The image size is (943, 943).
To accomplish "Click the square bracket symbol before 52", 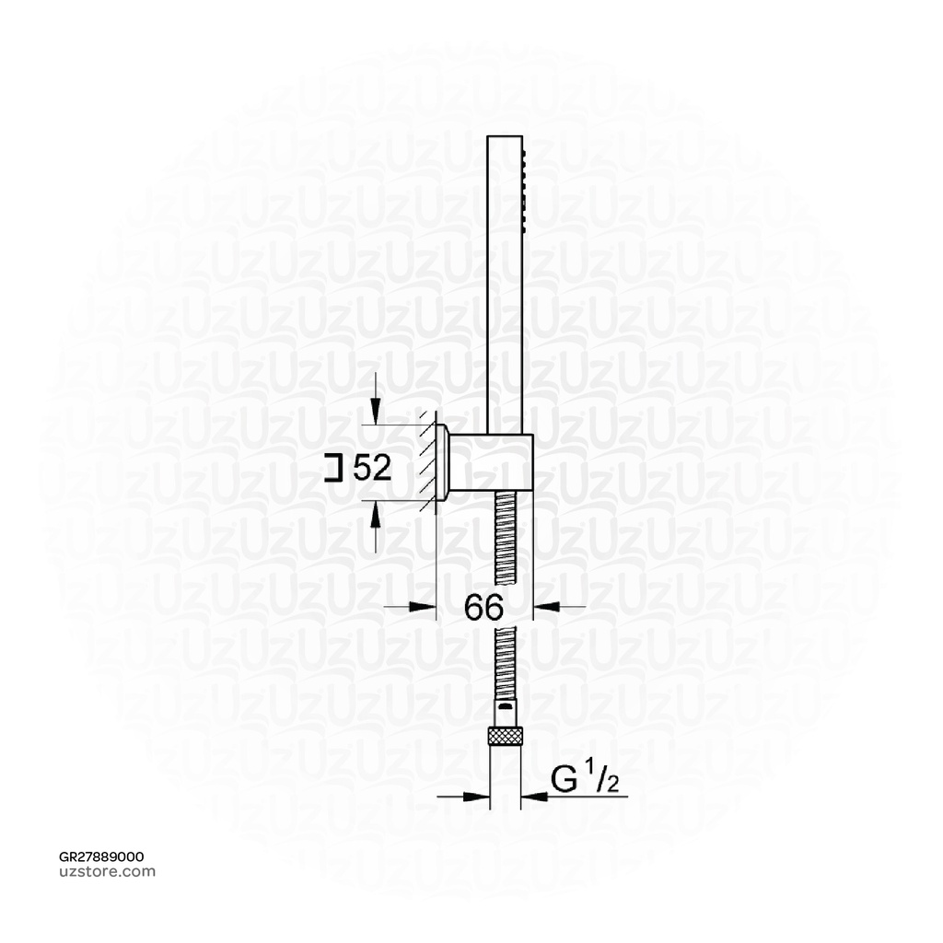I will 334,469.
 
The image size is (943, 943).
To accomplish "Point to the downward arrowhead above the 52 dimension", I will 375,412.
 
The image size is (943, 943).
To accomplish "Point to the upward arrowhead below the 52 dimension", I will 375,513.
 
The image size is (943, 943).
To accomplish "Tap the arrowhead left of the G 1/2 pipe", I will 478,797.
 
